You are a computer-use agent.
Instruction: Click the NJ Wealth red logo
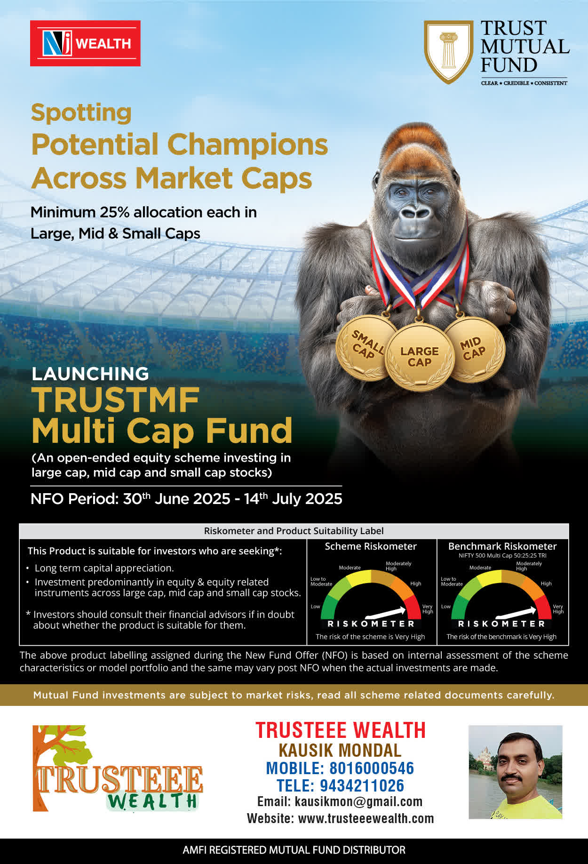point(85,43)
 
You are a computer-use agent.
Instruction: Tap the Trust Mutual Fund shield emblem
point(448,52)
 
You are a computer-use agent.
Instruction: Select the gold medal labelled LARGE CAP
point(420,357)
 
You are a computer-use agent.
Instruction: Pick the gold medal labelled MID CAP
point(474,349)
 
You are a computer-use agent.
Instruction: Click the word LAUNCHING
point(90,374)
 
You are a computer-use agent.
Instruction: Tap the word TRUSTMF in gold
point(116,400)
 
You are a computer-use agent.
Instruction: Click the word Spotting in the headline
point(81,113)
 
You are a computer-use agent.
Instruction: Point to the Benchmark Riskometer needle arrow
point(516,613)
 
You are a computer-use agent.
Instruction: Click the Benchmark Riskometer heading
point(502,546)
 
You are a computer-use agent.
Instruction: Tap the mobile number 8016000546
point(372,768)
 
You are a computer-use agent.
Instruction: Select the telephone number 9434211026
point(362,786)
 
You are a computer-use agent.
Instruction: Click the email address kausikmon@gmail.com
point(358,801)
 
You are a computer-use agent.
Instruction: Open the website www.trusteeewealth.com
point(366,818)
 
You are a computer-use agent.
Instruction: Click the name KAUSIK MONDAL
point(340,750)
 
